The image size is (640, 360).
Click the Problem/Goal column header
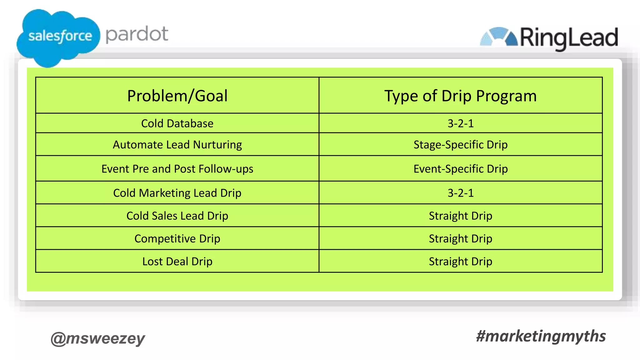coord(177,96)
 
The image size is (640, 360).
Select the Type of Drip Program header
coord(460,96)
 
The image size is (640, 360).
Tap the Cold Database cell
coord(177,123)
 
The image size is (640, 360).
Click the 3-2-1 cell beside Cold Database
coord(460,123)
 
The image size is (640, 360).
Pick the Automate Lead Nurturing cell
coord(177,145)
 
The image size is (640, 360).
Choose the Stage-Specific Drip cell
coord(460,145)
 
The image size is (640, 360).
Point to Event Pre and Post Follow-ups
coord(177,169)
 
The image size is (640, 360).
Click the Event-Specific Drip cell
coord(460,169)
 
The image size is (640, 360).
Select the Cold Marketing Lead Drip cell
coord(177,193)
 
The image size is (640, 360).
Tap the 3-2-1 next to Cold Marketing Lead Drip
coord(460,193)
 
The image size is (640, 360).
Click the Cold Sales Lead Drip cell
coord(177,216)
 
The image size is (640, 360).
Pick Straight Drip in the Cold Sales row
coord(460,216)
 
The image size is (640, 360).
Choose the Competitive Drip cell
coord(177,238)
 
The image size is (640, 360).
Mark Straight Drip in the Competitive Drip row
coord(460,238)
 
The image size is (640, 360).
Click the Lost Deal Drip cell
coord(177,261)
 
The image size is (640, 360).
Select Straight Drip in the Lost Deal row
coord(460,261)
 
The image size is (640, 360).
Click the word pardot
coord(137,34)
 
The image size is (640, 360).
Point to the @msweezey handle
coord(98,338)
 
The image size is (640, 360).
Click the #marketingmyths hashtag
coord(541,336)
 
